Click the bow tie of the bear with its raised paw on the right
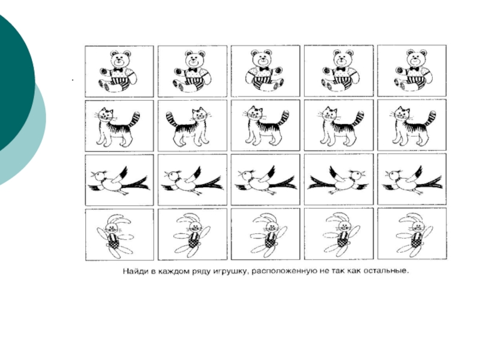click(264, 68)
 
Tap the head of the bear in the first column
click(119, 59)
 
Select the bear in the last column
click(412, 70)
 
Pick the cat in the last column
click(413, 126)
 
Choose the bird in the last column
click(412, 181)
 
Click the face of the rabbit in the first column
click(111, 227)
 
